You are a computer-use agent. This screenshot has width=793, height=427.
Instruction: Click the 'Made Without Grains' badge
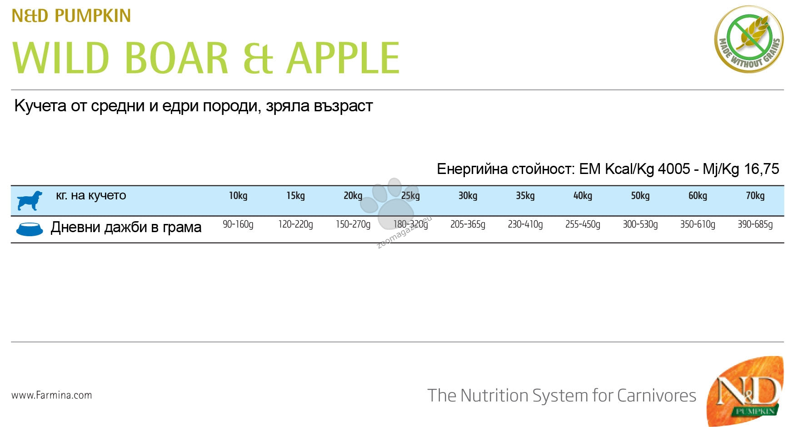(749, 39)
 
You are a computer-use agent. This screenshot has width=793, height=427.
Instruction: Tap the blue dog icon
(30, 200)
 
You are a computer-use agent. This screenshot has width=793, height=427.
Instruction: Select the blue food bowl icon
(30, 229)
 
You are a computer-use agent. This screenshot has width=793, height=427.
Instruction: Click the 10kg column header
(238, 196)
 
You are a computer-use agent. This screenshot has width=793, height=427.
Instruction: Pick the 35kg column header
(525, 196)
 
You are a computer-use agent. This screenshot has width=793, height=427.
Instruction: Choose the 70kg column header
(755, 196)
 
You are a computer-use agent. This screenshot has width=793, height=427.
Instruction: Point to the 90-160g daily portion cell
(238, 224)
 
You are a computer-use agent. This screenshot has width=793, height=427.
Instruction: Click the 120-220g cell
(295, 224)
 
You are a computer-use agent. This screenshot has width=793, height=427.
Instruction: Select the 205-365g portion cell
(468, 224)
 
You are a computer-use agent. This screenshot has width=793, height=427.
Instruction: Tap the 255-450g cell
(583, 224)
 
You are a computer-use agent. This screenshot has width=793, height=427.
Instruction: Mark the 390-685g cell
(755, 224)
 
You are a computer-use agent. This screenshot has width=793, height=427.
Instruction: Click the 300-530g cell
(640, 224)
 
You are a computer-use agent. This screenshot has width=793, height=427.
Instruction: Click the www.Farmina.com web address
(52, 395)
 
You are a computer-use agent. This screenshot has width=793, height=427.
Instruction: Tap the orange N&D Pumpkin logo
(745, 391)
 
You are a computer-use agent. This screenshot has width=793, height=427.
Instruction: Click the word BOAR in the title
(176, 58)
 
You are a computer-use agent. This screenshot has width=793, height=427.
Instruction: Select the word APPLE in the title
(343, 58)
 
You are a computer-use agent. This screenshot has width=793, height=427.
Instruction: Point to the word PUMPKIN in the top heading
(93, 16)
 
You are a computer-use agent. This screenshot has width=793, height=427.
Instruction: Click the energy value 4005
(674, 169)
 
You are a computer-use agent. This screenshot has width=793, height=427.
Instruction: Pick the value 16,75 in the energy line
(761, 169)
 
